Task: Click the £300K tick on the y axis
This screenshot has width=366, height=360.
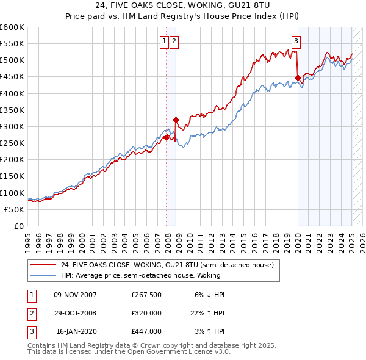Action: pyautogui.click(x=13, y=126)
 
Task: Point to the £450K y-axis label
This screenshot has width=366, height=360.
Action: pyautogui.click(x=13, y=77)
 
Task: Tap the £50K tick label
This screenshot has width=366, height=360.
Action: pyautogui.click(x=15, y=209)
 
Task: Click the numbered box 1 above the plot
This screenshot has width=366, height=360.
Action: pyautogui.click(x=165, y=41)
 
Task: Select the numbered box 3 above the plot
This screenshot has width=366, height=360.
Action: pyautogui.click(x=296, y=41)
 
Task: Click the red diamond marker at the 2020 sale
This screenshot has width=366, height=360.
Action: pyautogui.click(x=298, y=77)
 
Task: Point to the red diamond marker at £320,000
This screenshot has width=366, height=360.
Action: pyautogui.click(x=176, y=120)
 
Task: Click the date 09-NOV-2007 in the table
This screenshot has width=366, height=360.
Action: pyautogui.click(x=76, y=294)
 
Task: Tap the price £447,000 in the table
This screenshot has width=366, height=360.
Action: pyautogui.click(x=146, y=332)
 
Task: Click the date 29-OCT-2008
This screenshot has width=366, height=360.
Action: pyautogui.click(x=76, y=313)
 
